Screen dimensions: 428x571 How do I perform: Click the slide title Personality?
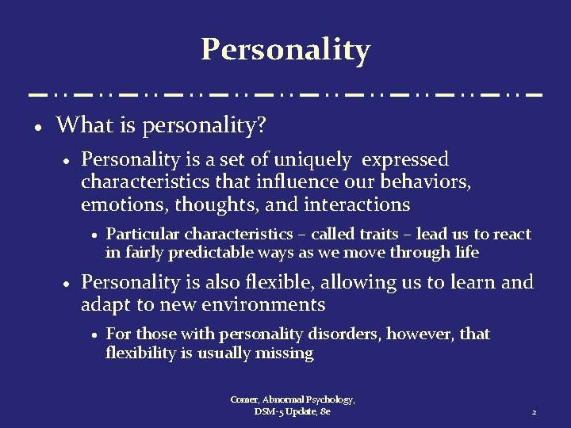[285, 49]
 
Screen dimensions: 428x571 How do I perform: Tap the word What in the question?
[78, 124]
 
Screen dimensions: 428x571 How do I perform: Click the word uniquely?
[316, 160]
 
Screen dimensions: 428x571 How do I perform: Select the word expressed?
[405, 160]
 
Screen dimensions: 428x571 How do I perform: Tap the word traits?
[380, 234]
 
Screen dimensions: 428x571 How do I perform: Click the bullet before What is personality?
[37, 127]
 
